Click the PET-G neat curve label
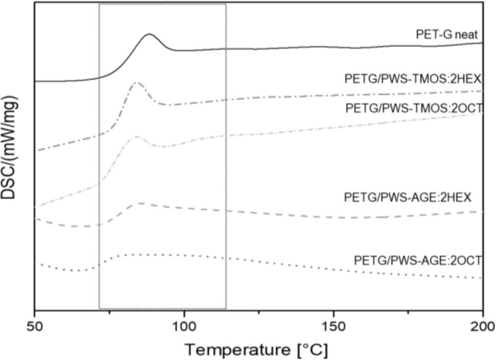tap(448, 35)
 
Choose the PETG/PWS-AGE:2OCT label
tap(417, 261)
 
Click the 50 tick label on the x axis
tap(34, 326)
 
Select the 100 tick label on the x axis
tap(184, 326)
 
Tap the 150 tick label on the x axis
tap(333, 326)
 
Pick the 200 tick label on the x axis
tap(482, 326)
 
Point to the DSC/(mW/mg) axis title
tap(11, 156)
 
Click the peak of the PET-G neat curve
tap(149, 34)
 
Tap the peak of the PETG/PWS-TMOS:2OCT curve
tap(136, 136)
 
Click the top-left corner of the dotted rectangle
tap(99, 4)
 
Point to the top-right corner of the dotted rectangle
tap(226, 4)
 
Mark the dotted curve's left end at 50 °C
tap(35, 263)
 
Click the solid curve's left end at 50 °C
tap(35, 81)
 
